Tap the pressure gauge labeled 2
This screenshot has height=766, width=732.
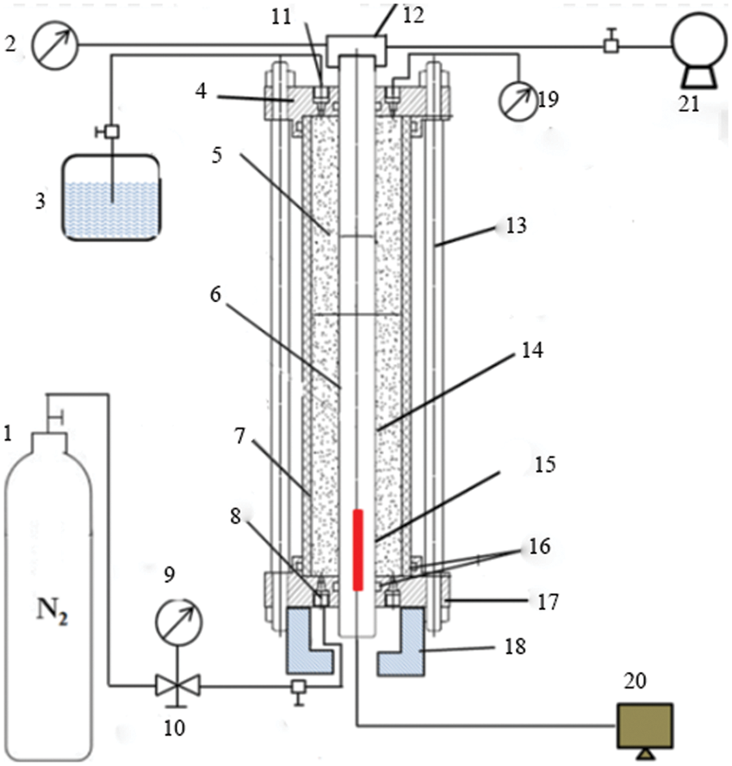point(55,45)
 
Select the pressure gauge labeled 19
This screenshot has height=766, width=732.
point(518,101)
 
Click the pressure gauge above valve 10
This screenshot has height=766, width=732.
point(178,622)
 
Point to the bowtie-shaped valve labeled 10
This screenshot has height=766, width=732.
point(177,686)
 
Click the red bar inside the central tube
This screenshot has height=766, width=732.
point(358,550)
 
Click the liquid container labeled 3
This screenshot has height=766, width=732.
point(111,197)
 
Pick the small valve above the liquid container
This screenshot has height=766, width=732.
point(112,132)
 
